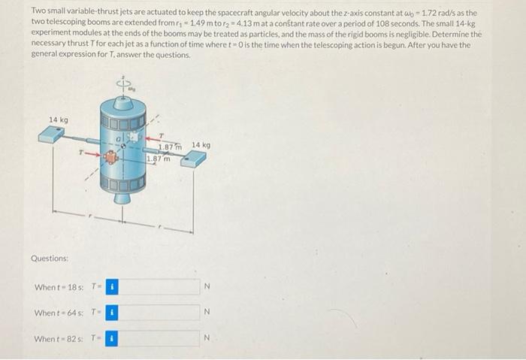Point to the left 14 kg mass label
point(59,119)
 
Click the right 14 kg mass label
point(201,144)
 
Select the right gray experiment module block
point(192,159)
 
